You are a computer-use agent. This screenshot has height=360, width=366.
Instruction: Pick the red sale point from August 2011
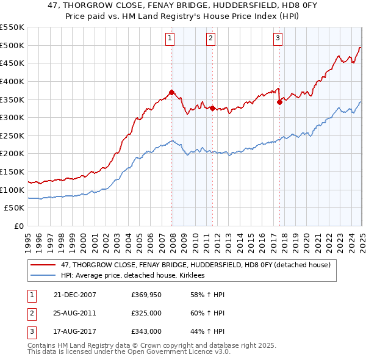[x=213, y=109]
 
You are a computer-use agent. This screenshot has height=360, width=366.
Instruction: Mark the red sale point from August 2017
[x=279, y=102]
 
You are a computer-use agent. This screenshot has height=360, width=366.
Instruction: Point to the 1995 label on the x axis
[x=28, y=237]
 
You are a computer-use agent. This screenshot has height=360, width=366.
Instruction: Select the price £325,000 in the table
[x=146, y=314]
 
